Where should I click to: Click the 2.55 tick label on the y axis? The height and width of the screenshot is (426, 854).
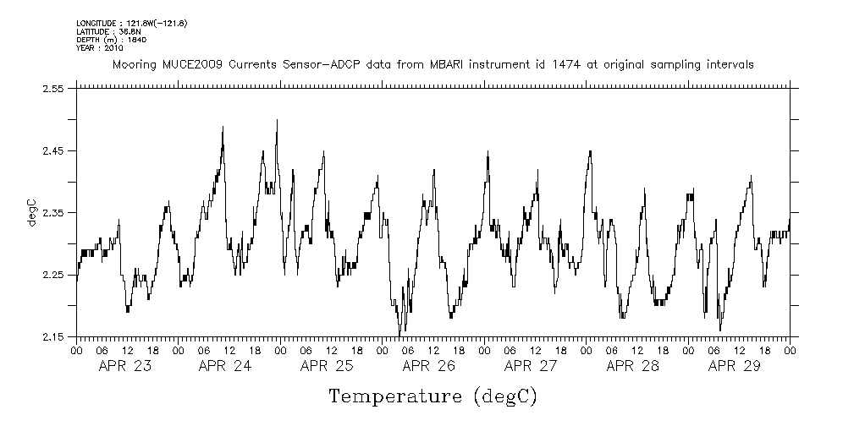click(53, 89)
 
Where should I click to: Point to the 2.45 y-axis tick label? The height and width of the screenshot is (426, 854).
click(53, 150)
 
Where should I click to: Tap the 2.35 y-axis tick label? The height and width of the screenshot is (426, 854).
click(53, 213)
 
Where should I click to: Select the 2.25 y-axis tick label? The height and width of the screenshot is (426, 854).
click(53, 275)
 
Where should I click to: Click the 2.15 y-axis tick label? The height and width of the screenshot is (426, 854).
click(53, 337)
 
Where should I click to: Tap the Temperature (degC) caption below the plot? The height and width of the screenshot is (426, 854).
click(433, 396)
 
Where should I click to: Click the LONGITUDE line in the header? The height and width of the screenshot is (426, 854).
click(131, 23)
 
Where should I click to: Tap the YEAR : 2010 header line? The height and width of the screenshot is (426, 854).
click(100, 47)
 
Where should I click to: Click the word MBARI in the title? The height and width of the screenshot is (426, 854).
click(452, 64)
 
